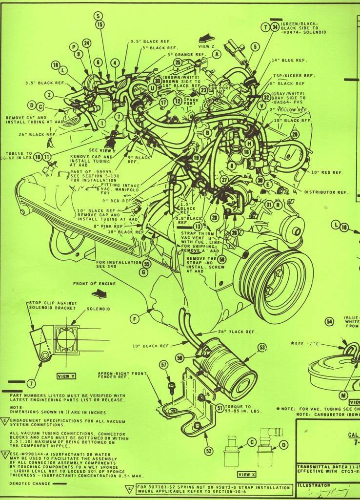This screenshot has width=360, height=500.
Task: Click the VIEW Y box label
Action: tap(66, 376)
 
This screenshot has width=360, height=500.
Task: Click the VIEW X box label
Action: tap(246, 474)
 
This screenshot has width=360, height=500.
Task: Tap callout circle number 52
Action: tap(209, 451)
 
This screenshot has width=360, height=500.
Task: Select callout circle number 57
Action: tap(163, 365)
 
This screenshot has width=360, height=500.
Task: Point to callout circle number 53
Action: tap(262, 347)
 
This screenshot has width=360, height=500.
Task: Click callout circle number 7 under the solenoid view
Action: tap(32, 383)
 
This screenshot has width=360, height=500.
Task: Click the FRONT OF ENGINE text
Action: tap(94, 284)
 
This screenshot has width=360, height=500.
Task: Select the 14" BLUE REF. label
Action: tap(289, 61)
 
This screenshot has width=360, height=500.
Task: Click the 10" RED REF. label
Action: tap(327, 173)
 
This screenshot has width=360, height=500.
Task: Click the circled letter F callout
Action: tap(135, 319)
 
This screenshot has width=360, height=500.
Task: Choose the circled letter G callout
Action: tap(143, 272)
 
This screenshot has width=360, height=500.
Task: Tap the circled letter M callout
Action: tap(343, 395)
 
